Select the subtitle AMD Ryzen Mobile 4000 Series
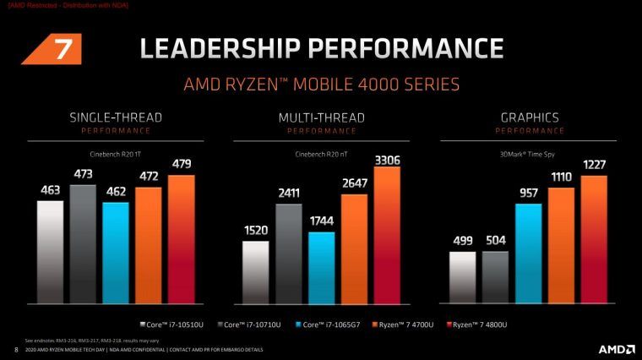(x=321, y=85)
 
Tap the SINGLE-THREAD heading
(x=115, y=117)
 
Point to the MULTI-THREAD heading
(x=321, y=117)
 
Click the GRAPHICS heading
(x=529, y=117)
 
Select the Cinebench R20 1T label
(x=115, y=154)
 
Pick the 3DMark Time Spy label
(x=529, y=154)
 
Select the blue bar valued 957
(x=529, y=254)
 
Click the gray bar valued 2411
(x=288, y=254)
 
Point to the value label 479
(x=181, y=164)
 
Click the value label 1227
(x=594, y=164)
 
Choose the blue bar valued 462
(x=115, y=253)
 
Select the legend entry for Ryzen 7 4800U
(x=482, y=325)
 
